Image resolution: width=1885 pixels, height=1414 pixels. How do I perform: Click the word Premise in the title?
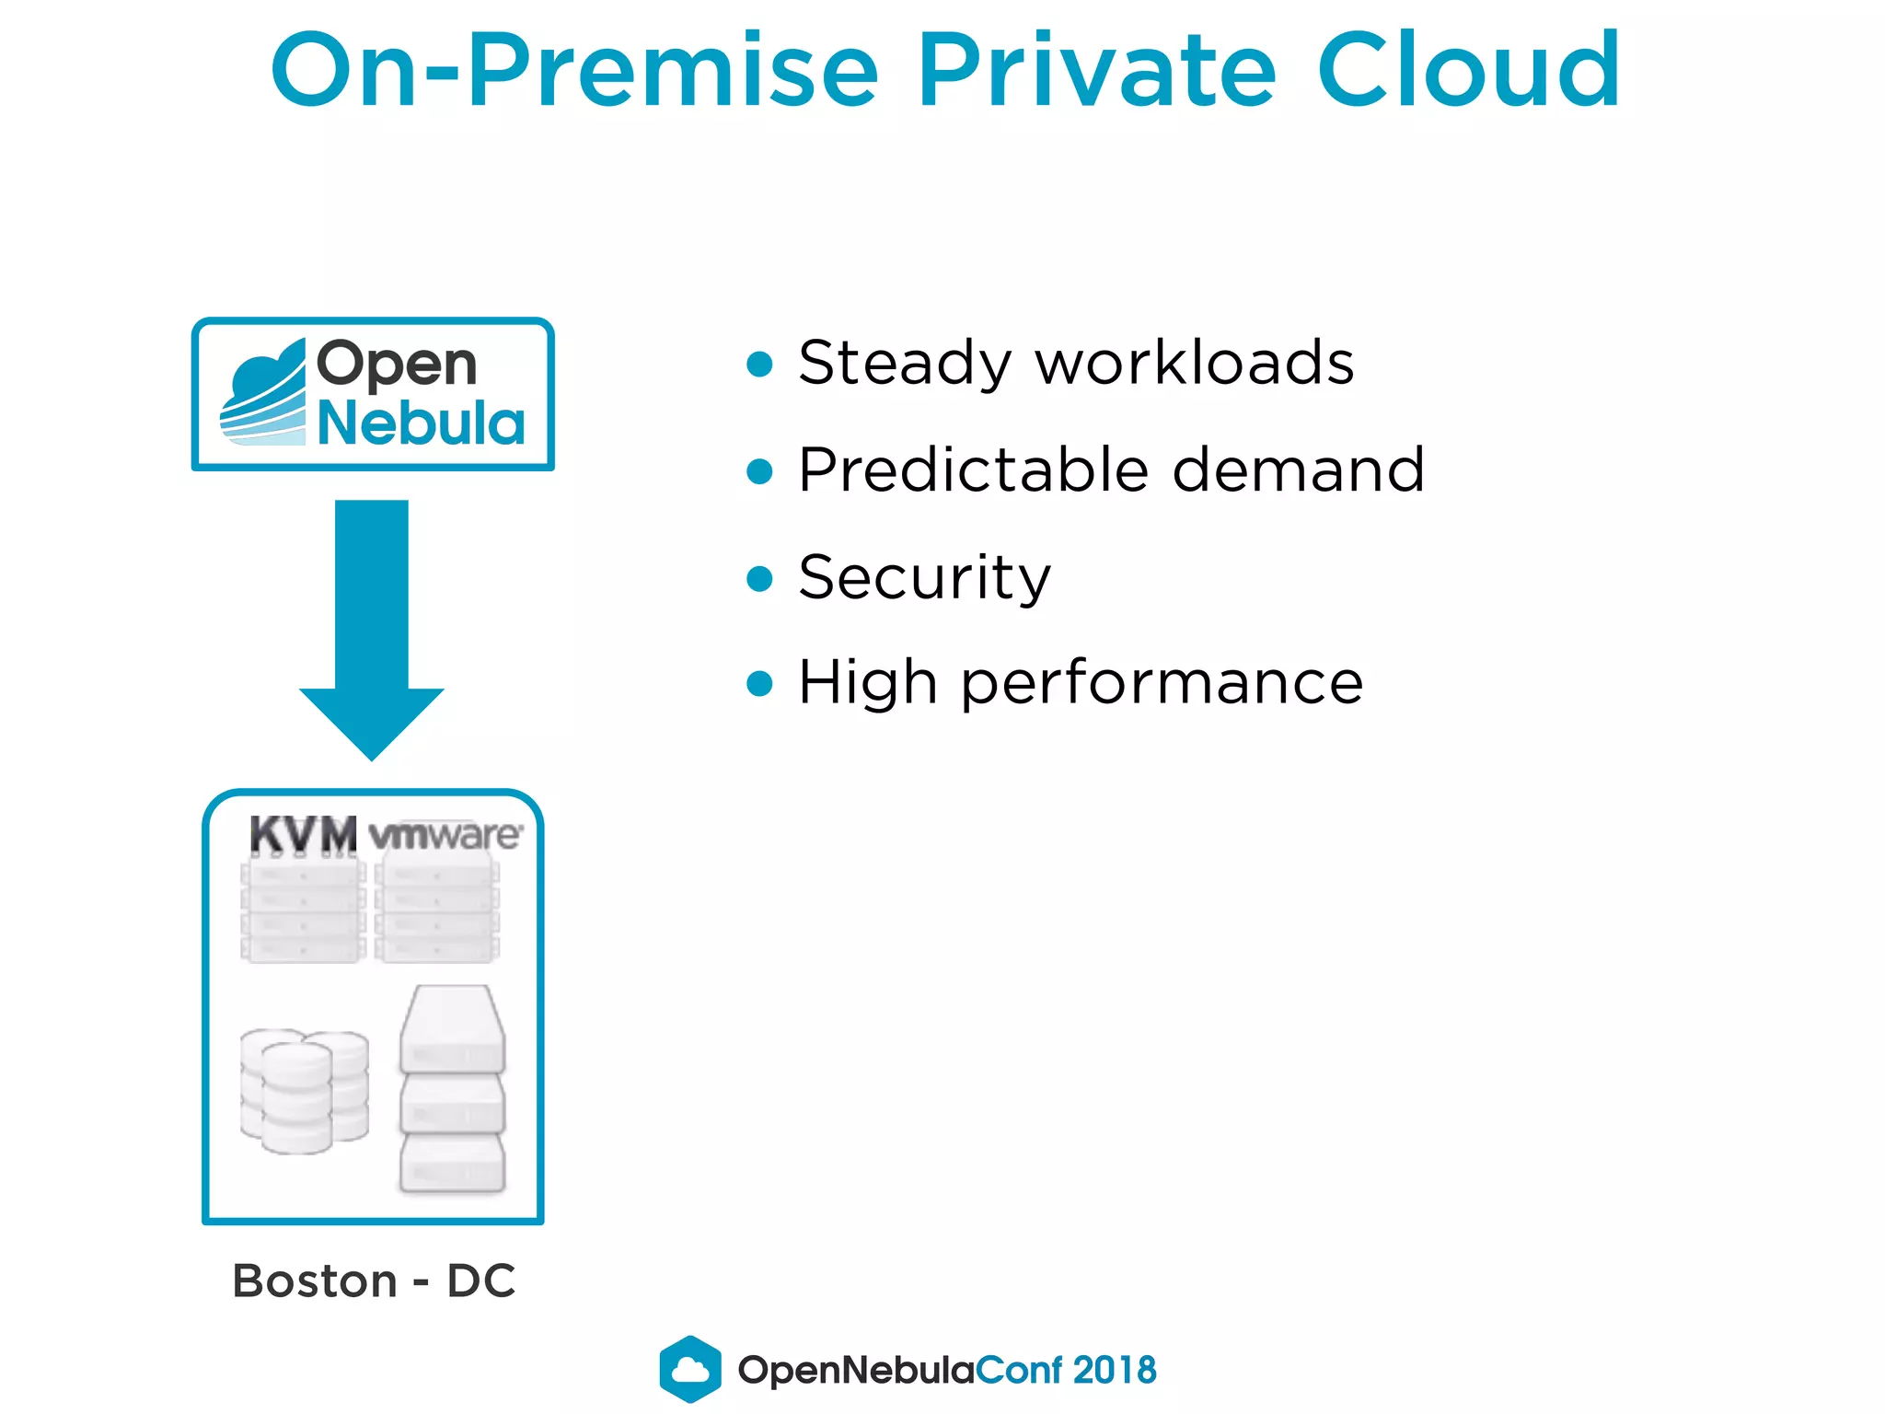coord(674,71)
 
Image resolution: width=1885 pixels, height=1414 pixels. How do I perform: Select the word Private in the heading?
coord(1097,71)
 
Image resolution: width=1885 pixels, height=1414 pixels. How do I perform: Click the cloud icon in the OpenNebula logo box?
coord(264,393)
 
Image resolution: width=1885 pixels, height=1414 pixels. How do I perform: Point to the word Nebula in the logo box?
coord(421,423)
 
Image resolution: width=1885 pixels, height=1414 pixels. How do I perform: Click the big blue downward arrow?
coord(372,626)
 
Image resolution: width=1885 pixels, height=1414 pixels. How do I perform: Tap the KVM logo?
coord(303,835)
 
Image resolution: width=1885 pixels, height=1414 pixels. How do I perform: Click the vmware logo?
coord(445,835)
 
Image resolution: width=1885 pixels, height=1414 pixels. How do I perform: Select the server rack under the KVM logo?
coord(302,911)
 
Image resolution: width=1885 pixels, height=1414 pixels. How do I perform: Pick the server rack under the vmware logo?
coord(437,911)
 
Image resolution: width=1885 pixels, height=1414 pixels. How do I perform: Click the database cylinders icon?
coord(304,1091)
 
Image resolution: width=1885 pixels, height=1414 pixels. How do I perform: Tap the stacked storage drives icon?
coord(452,1091)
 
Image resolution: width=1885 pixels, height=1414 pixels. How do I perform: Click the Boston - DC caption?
coord(374,1281)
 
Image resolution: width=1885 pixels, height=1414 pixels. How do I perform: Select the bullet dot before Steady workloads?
coord(759,364)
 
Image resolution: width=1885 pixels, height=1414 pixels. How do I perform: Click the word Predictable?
coord(973,470)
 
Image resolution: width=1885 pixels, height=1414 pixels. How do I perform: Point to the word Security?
coord(924,578)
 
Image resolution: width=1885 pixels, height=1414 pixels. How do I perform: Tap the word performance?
coord(1162,684)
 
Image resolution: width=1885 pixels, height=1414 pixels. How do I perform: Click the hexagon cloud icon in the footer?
coord(690,1369)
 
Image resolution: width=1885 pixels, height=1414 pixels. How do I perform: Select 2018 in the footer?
coord(1115,1370)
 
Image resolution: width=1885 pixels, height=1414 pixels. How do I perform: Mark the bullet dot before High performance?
coord(759,684)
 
